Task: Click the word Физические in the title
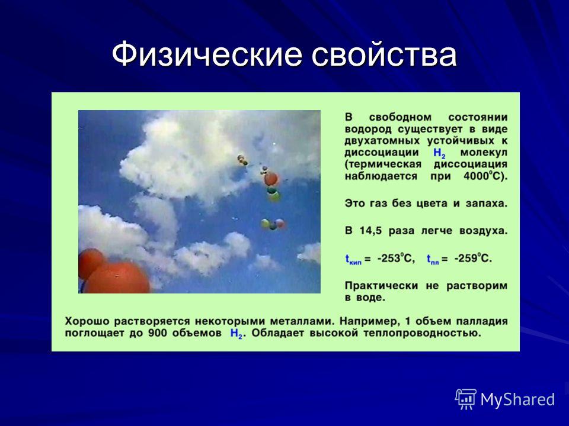(x=207, y=54)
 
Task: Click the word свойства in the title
(x=384, y=54)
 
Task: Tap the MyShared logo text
(x=518, y=399)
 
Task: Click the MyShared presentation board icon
(x=466, y=399)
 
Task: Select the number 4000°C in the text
(x=485, y=176)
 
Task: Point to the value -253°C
(x=396, y=259)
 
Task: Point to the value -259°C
(x=473, y=259)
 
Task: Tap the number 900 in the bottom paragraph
(x=156, y=333)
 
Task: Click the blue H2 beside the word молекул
(x=439, y=154)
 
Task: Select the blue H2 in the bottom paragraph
(x=236, y=334)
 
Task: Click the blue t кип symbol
(x=353, y=259)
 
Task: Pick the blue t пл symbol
(x=433, y=259)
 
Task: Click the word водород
(x=368, y=130)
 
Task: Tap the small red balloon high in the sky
(x=271, y=179)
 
